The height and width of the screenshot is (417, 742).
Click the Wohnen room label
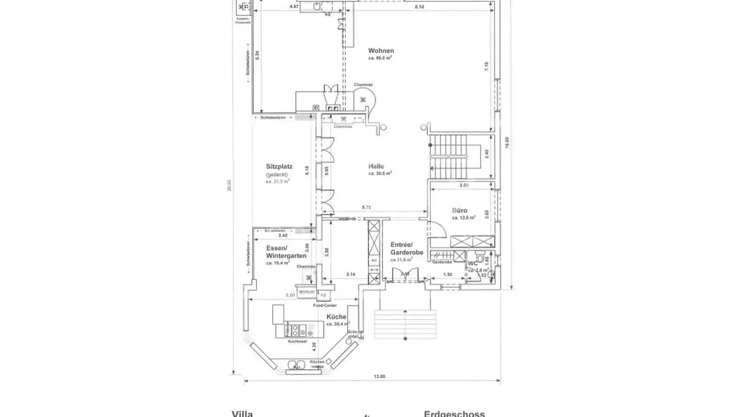click(381, 50)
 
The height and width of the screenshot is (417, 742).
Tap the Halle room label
click(376, 166)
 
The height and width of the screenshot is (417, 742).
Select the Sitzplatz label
click(279, 166)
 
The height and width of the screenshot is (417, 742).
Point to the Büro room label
click(460, 211)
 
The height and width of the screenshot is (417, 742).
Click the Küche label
click(336, 317)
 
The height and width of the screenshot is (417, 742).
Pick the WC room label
click(473, 264)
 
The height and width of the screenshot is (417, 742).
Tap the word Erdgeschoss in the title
click(454, 413)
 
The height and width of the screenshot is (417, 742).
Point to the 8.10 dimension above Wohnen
click(419, 7)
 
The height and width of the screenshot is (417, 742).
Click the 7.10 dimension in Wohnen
click(486, 67)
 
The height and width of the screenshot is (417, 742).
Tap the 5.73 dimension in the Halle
click(366, 207)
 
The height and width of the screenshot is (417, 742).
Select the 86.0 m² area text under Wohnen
click(380, 58)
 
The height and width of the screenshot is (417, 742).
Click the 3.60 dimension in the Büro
click(486, 213)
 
